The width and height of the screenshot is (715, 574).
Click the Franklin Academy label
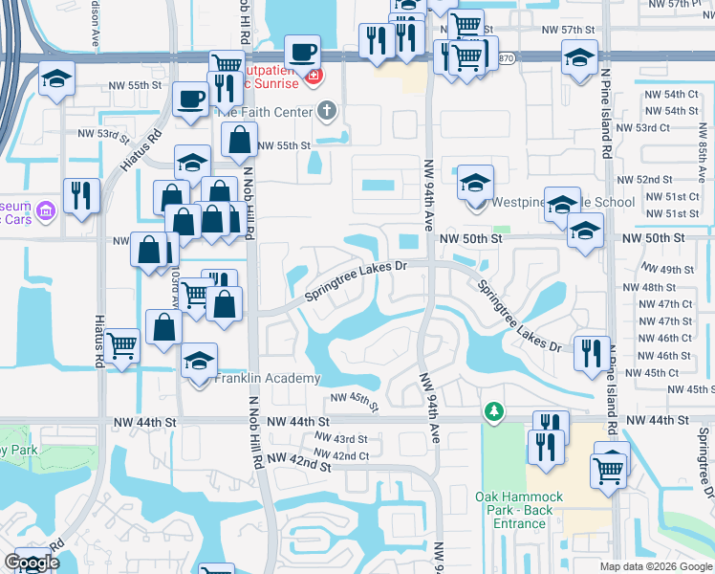pos(268,379)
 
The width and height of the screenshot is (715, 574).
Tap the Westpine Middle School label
pos(562,203)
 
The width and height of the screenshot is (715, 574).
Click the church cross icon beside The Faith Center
pos(327,111)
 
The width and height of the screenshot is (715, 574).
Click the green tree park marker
pos(493,411)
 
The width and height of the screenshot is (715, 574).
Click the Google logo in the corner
pos(32,563)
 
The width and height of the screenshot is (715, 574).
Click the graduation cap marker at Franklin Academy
pos(198,363)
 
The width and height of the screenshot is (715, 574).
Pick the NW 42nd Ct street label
pos(340,455)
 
